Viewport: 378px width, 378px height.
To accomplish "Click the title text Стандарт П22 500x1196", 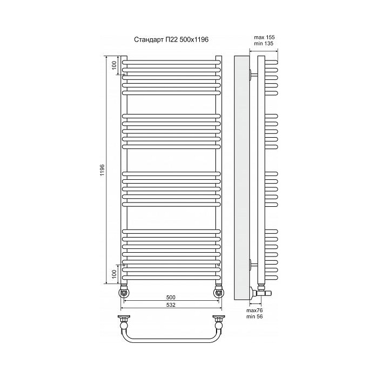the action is click(x=171, y=39).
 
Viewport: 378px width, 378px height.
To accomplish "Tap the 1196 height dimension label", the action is click(x=103, y=170).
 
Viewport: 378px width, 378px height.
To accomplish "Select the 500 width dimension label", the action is click(x=171, y=298).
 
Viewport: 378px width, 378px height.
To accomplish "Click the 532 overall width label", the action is click(x=171, y=305).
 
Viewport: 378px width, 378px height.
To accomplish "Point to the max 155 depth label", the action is click(x=264, y=37).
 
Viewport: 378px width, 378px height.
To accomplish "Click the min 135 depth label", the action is click(x=264, y=44).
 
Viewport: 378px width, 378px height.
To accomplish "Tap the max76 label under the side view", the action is click(x=254, y=310).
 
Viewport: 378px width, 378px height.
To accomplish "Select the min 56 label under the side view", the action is click(x=254, y=316).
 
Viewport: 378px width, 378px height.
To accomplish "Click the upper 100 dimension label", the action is click(x=114, y=65).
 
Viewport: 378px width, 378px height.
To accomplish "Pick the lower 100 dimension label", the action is click(x=114, y=274).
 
